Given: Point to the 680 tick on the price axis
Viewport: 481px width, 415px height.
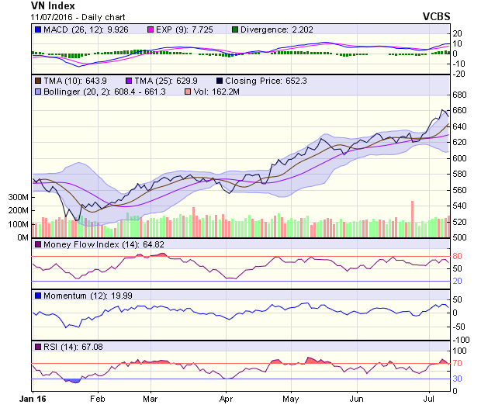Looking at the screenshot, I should [460, 95].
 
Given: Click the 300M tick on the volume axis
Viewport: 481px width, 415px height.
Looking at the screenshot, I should [18, 198].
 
